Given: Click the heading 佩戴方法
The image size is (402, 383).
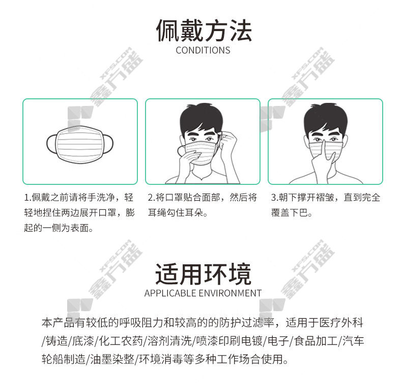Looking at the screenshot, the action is point(204,30).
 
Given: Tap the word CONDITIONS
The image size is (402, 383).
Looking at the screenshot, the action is point(203,50).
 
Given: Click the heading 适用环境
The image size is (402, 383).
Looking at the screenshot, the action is point(203,273).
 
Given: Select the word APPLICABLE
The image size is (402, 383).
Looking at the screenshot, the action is point(170,293).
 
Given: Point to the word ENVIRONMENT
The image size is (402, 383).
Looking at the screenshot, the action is point(230,293).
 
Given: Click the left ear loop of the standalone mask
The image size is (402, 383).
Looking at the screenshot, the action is point(51,144).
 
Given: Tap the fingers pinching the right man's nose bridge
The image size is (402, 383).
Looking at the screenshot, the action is point(324,152).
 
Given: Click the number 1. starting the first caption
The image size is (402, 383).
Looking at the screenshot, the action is point(27,198).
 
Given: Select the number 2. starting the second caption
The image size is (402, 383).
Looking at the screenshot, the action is point(152,198).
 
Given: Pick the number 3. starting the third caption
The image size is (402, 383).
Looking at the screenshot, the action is point(275,198).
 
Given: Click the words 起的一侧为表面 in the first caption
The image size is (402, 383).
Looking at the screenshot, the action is point(56,228).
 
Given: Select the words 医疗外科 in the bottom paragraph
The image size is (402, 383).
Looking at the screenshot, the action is point(341,323).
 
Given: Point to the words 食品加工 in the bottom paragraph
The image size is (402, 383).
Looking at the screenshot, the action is point(316,341).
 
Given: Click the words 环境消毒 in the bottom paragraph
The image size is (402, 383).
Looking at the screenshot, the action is point(161,359).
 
